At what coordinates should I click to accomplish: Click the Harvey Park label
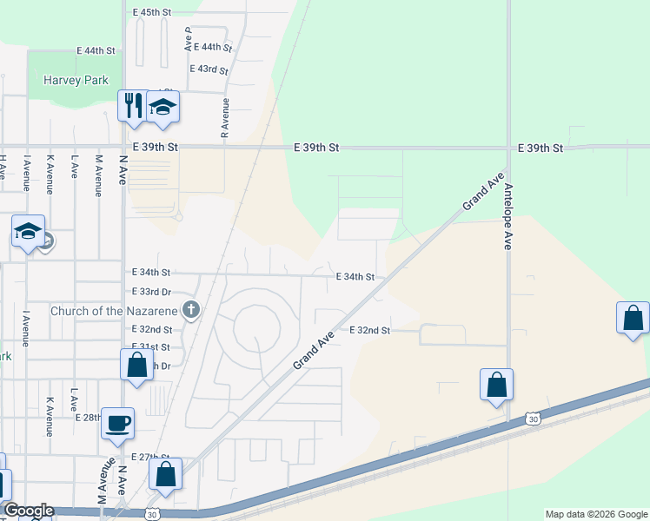click(76, 81)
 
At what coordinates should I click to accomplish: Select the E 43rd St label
click(209, 69)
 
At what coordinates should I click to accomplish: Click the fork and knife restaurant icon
click(132, 105)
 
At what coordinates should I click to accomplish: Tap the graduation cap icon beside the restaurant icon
click(162, 107)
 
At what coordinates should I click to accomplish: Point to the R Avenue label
click(225, 118)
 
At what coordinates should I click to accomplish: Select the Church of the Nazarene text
click(114, 311)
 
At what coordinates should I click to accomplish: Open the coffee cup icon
click(117, 423)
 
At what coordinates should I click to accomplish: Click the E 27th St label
click(151, 457)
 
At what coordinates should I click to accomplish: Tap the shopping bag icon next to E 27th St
click(165, 474)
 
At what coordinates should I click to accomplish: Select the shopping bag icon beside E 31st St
click(136, 364)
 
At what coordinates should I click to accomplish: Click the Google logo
click(28, 511)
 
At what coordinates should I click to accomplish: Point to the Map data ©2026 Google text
click(595, 514)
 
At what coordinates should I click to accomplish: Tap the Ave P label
click(188, 36)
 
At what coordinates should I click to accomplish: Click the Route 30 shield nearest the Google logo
click(153, 513)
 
